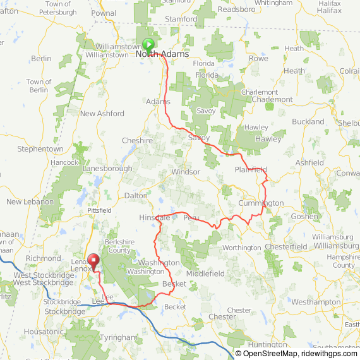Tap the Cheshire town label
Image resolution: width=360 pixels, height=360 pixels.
click(x=137, y=141)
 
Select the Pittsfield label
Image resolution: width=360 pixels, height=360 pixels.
click(x=99, y=209)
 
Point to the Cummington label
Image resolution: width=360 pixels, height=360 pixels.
click(x=261, y=203)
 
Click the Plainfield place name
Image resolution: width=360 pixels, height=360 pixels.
click(x=251, y=170)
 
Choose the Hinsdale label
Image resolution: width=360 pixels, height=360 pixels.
click(x=154, y=217)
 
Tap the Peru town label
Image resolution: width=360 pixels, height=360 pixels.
click(x=191, y=217)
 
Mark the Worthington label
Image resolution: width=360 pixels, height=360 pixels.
click(x=242, y=248)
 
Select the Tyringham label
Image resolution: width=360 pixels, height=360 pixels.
click(x=118, y=338)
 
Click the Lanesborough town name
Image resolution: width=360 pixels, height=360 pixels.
click(x=107, y=169)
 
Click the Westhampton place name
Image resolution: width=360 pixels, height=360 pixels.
click(x=311, y=302)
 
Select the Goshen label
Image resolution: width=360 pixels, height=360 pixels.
click(x=305, y=216)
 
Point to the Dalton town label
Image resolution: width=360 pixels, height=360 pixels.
click(x=136, y=196)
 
